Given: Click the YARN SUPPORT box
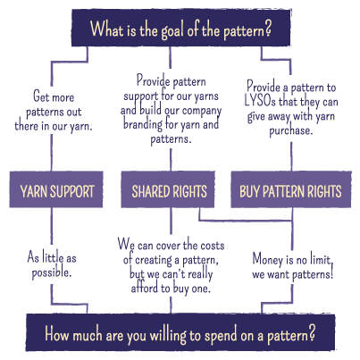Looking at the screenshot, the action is [56, 189].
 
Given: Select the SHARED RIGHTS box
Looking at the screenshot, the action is [168, 189].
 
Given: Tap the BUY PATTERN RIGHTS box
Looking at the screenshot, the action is [291, 189].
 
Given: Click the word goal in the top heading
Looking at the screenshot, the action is [172, 30].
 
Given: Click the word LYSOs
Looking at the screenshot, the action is [260, 101].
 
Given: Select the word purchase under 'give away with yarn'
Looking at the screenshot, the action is [291, 131].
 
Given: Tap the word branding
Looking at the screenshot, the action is [143, 124].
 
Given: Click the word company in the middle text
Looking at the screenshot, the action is [202, 111].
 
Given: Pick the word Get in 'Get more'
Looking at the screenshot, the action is [41, 96].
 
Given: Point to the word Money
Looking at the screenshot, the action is [267, 260].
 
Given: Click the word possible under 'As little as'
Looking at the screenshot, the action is [52, 272].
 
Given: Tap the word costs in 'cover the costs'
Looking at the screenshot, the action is [213, 246].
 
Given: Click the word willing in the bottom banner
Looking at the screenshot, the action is [168, 336].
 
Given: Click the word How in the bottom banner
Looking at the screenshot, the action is [57, 334].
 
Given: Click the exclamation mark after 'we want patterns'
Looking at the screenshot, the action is [331, 273].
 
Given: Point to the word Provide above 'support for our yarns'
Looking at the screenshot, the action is [150, 80].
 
